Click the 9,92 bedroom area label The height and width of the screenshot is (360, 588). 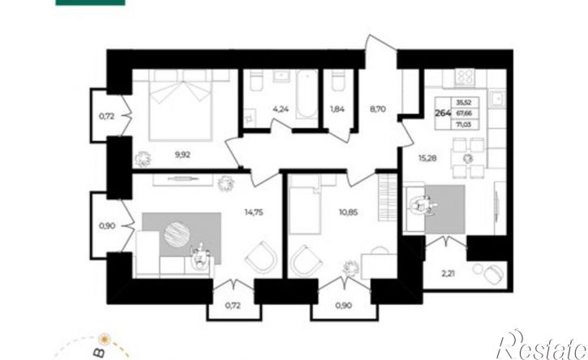[182, 155]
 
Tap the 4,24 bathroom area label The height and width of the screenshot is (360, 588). [281, 109]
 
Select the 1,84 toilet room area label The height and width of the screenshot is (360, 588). [337, 109]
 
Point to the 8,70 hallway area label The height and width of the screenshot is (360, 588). [377, 109]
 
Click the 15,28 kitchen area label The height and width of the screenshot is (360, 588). [427, 158]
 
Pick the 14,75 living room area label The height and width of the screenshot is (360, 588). [254, 212]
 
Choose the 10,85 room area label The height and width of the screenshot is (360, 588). [348, 212]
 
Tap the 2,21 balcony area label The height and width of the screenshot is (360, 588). [449, 273]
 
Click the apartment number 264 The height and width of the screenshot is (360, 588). [443, 113]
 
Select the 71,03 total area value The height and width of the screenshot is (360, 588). [464, 125]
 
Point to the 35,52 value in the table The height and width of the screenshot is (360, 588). [464, 102]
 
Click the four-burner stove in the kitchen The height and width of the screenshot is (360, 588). [465, 78]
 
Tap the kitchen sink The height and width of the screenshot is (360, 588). [498, 98]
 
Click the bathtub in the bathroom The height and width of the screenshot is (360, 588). [307, 94]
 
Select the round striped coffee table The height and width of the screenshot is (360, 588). [176, 234]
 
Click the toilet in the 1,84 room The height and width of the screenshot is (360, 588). [337, 82]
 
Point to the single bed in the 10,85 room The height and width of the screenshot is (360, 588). [305, 210]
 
